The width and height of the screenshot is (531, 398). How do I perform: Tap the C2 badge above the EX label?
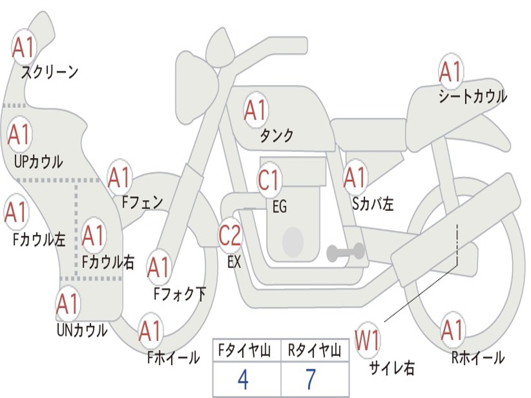pos(230,236)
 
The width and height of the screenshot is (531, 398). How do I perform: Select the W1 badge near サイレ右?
pos(367,340)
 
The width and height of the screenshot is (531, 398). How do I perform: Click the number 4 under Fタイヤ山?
pos(243,379)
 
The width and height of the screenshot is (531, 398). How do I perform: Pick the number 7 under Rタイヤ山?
pos(311,379)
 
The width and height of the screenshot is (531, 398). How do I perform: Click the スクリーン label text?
pos(49,72)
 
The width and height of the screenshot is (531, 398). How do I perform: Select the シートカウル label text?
pos(472,96)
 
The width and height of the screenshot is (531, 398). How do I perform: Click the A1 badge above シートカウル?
pos(450,72)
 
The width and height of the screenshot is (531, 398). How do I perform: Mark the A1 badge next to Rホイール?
pos(452,330)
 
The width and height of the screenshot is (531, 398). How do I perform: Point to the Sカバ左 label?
pos(373,204)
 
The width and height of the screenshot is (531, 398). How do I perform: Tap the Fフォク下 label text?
pos(180,294)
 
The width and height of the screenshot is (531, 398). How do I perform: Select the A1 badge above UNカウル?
pos(67,304)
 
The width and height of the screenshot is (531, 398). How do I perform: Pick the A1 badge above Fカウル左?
pos(16,212)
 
